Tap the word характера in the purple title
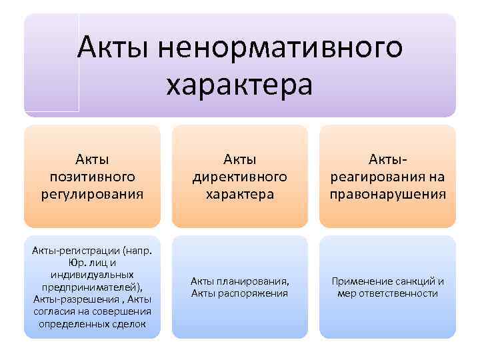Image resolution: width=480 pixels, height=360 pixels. pos(239,85)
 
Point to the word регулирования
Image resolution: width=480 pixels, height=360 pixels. pos(93,195)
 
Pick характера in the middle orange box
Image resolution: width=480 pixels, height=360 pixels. pos(240,195)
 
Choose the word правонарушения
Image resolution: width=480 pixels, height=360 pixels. pos(387,195)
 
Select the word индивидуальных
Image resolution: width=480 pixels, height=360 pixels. pos(93,275)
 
